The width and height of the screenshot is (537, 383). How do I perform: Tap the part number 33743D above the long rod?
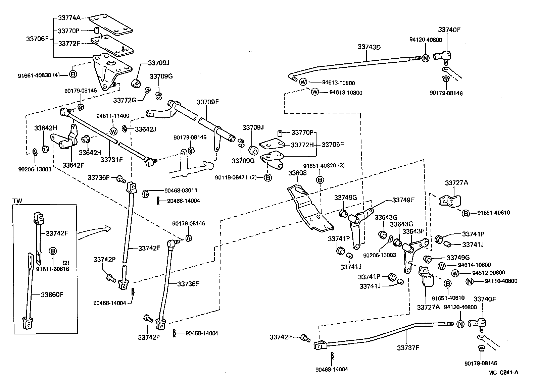(x=369, y=47)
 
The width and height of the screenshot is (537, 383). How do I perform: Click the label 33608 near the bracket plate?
(x=298, y=173)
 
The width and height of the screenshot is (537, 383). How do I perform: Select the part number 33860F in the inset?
(x=52, y=295)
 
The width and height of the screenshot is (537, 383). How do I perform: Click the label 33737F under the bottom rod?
(x=408, y=347)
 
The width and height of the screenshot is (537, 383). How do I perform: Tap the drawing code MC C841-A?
(x=503, y=372)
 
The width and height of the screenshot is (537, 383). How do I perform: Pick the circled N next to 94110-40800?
(x=470, y=281)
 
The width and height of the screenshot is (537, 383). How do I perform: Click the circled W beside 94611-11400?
(x=113, y=131)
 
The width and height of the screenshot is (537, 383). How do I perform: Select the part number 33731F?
(x=111, y=160)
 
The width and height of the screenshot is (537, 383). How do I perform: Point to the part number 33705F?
(x=333, y=145)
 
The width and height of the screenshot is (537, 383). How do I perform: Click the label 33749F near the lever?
(x=403, y=200)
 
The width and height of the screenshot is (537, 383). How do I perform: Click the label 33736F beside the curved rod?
(x=188, y=284)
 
